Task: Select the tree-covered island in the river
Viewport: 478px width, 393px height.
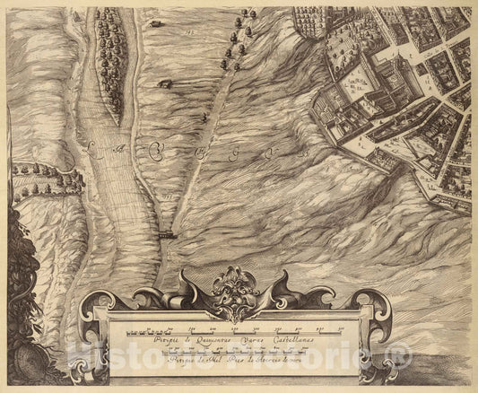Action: (x=111, y=63)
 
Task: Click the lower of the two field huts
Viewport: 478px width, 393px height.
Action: (x=165, y=83)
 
